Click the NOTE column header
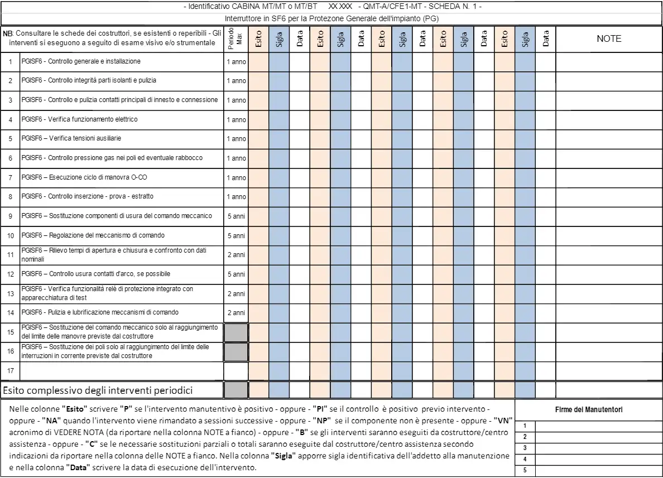[x=609, y=39]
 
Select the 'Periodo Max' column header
[x=236, y=39]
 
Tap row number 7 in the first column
[x=10, y=177]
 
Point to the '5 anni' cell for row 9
[x=236, y=216]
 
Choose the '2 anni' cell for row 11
[x=236, y=255]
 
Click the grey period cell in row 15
[x=236, y=332]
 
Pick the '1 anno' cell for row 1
[x=236, y=61]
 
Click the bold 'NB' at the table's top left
[x=7, y=34]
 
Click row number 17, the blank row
[x=10, y=370]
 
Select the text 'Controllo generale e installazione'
[x=94, y=61]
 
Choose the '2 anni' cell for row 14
[x=236, y=313]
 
